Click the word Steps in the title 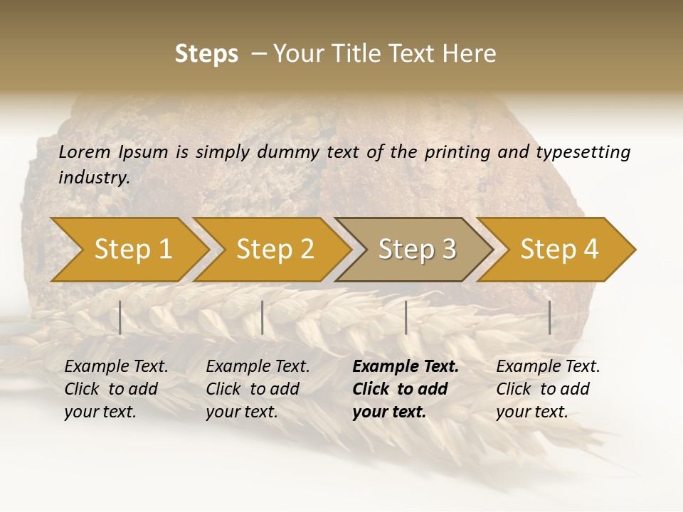click(x=206, y=54)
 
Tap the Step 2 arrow click(x=274, y=250)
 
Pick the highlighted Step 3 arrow click(x=416, y=250)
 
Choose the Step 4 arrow click(x=558, y=250)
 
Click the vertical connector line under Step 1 click(x=120, y=317)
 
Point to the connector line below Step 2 click(x=263, y=317)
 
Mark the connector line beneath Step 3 click(x=406, y=317)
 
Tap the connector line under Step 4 click(x=549, y=317)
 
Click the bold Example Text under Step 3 click(x=406, y=389)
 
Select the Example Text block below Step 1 click(x=116, y=389)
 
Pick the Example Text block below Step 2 click(x=258, y=389)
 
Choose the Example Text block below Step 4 click(x=548, y=389)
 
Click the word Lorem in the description click(x=85, y=152)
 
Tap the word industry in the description click(x=94, y=178)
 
